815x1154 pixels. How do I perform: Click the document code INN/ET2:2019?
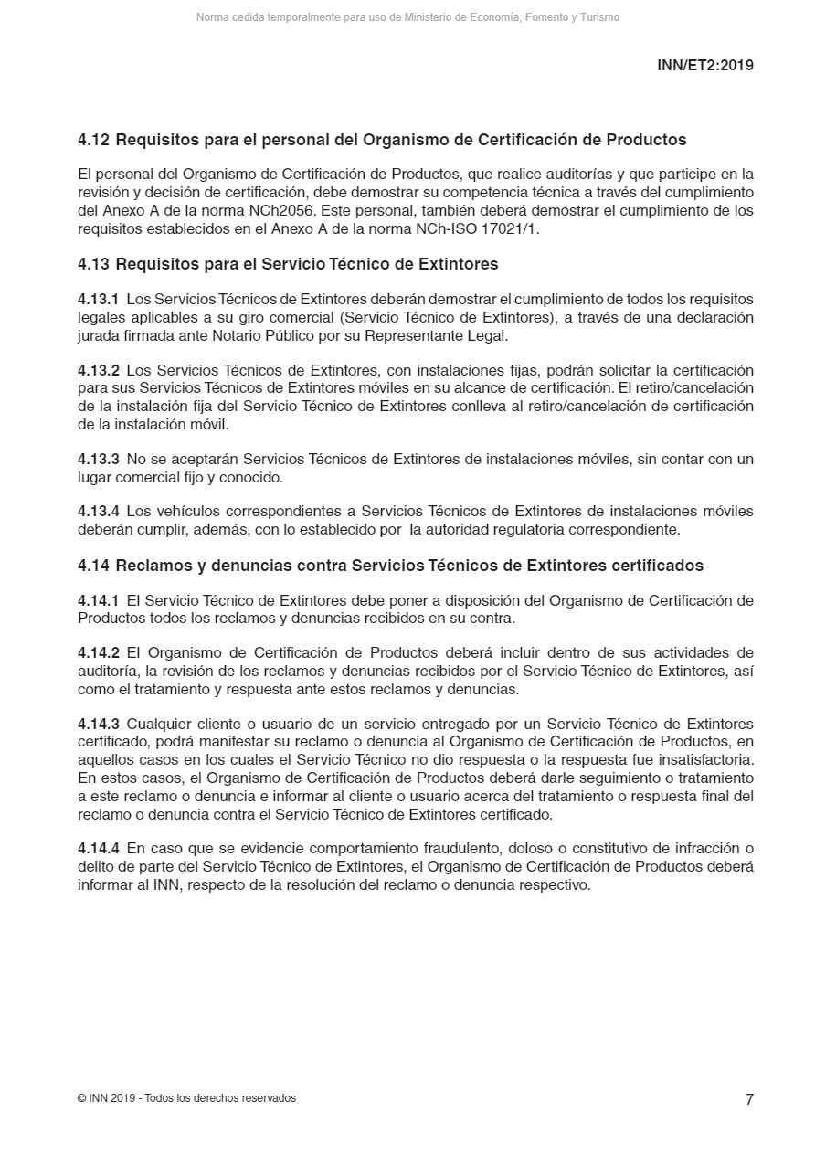[x=704, y=66]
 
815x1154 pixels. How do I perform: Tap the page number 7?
[x=749, y=1099]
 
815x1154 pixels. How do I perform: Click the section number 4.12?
[x=93, y=140]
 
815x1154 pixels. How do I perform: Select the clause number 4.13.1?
[x=98, y=300]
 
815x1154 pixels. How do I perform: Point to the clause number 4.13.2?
[x=98, y=370]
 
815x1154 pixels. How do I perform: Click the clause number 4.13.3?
[x=98, y=460]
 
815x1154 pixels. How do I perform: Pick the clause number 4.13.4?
[x=98, y=512]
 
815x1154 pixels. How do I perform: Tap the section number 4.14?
[x=93, y=566]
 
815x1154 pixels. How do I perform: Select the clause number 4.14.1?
[x=98, y=600]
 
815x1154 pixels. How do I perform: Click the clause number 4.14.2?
[x=98, y=652]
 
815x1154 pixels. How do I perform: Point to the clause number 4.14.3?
[x=98, y=725]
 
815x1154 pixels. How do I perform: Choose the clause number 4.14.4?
[x=98, y=849]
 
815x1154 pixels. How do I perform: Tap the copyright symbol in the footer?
[x=82, y=1098]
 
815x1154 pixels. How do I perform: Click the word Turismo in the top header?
[x=599, y=17]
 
